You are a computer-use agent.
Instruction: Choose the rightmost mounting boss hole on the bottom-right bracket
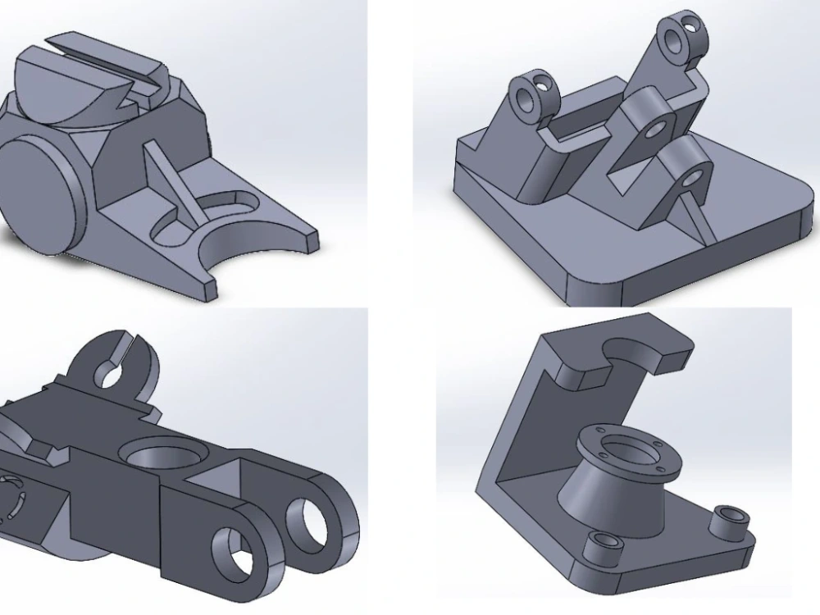[x=728, y=517]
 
